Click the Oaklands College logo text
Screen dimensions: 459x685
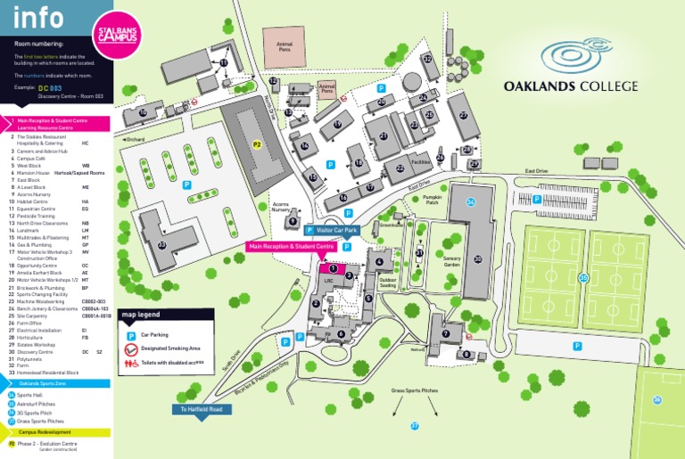(x=571, y=86)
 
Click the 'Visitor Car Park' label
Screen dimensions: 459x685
(x=336, y=230)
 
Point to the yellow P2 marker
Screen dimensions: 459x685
(x=257, y=143)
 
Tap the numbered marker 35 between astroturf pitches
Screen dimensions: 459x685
(x=583, y=278)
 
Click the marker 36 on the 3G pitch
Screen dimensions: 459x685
(x=657, y=400)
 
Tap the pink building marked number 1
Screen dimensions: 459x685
(x=332, y=266)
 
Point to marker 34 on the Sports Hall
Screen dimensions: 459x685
(x=470, y=202)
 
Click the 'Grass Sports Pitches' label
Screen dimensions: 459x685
(x=415, y=391)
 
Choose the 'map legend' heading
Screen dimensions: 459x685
(x=142, y=315)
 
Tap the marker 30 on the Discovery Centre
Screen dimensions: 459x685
(x=478, y=259)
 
